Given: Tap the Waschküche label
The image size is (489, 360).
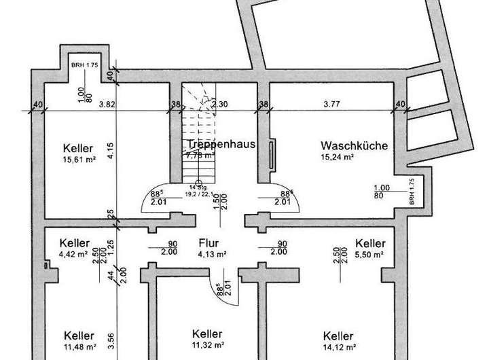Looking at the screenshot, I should [354, 145].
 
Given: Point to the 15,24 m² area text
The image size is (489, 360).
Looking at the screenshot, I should [338, 157].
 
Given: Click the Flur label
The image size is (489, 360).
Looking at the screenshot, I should [208, 242].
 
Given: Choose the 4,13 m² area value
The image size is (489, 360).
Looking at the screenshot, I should [212, 254].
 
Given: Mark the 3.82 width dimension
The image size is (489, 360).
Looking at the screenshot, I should [105, 104].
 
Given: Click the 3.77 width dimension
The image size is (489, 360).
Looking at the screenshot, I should [331, 104].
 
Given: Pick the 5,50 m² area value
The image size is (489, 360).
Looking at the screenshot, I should [370, 255].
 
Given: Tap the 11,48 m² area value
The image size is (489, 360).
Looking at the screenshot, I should [79, 347].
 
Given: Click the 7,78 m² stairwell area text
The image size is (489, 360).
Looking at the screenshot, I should [200, 156].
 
